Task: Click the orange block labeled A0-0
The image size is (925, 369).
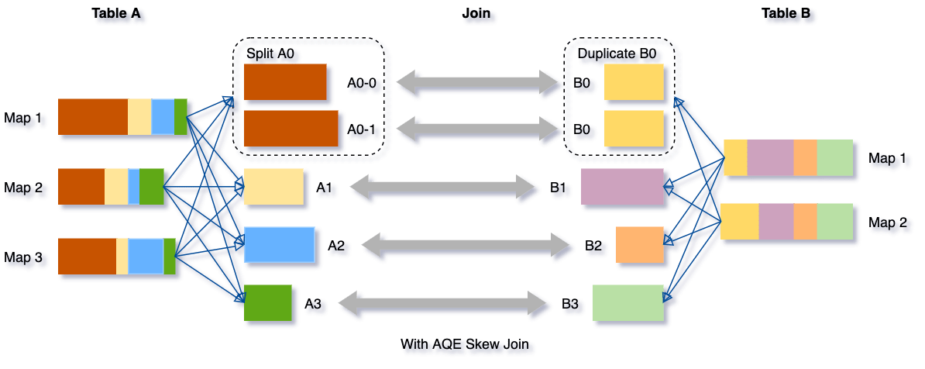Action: [285, 81]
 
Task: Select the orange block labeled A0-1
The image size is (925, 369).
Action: [291, 128]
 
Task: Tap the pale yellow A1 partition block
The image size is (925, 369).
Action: [273, 186]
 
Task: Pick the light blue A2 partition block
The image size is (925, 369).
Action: [279, 244]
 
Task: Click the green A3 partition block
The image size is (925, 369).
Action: [267, 302]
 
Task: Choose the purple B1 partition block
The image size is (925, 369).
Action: [622, 186]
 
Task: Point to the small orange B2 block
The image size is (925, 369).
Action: [640, 244]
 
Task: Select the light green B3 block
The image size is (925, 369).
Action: [628, 302]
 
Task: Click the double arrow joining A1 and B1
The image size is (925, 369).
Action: [443, 188]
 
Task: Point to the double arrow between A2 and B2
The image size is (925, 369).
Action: [466, 246]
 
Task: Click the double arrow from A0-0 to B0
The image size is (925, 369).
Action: [478, 82]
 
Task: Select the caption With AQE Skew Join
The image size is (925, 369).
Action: [467, 344]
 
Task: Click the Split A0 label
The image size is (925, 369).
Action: [271, 54]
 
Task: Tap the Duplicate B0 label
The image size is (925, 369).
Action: [617, 54]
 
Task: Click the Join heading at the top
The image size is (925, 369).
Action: [478, 14]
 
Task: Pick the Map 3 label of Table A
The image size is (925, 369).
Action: [26, 257]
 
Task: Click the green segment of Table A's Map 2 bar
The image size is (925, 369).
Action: [152, 186]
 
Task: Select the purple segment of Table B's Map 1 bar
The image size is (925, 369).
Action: [770, 157]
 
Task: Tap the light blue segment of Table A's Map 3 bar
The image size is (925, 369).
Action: [146, 256]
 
